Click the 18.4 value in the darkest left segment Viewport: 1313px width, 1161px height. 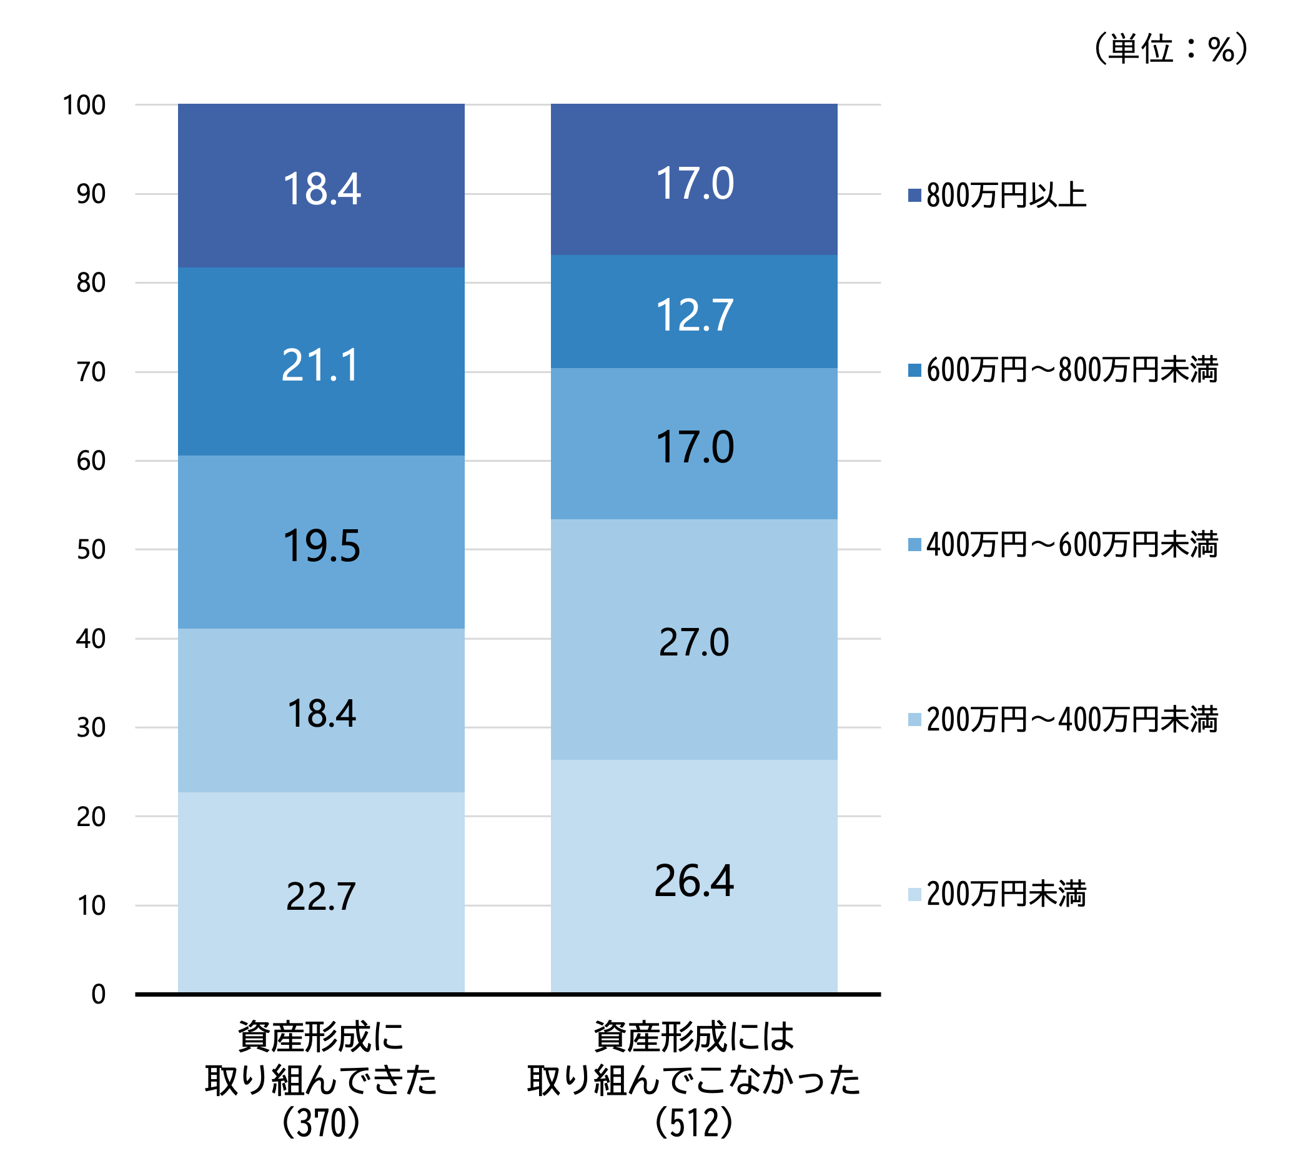[x=322, y=189]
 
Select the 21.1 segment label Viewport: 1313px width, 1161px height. [x=320, y=366]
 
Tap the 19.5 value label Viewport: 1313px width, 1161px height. [x=322, y=546]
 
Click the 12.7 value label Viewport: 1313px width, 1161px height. [x=695, y=316]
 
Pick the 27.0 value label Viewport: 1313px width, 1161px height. [x=695, y=642]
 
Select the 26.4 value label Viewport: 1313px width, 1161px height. [x=695, y=881]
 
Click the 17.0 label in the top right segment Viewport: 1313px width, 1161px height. [x=695, y=184]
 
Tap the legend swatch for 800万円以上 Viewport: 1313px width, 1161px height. [x=914, y=196]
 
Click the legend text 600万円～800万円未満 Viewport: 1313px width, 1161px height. [x=1072, y=371]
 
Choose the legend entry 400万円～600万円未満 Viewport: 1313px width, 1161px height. [x=1072, y=545]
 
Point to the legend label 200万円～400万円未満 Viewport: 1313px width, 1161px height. [x=1072, y=720]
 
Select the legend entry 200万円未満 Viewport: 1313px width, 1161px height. [x=1006, y=894]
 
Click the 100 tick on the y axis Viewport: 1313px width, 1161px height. [x=84, y=106]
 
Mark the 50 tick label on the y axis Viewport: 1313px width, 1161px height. [x=91, y=550]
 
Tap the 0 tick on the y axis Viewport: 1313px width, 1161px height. [x=98, y=995]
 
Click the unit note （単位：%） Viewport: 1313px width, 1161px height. [x=1171, y=49]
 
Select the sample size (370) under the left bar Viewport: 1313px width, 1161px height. [x=321, y=1122]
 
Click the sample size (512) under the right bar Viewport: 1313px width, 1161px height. [x=694, y=1122]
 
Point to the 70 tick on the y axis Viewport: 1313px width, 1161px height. [x=91, y=372]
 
